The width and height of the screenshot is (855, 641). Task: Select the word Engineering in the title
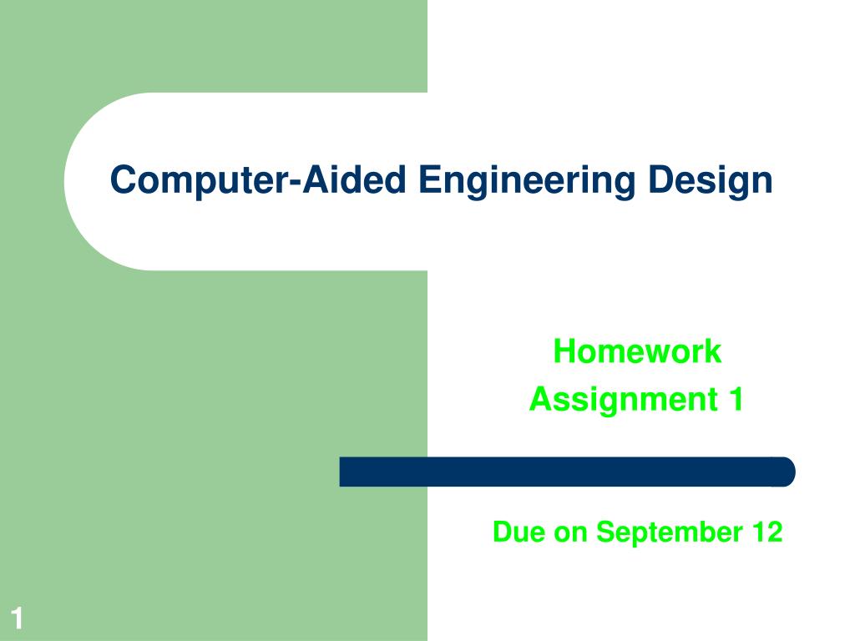pyautogui.click(x=529, y=180)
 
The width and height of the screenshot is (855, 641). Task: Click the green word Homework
pyautogui.click(x=637, y=351)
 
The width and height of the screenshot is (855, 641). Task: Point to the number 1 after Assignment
pyautogui.click(x=736, y=400)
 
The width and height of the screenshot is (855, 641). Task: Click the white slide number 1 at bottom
pyautogui.click(x=17, y=619)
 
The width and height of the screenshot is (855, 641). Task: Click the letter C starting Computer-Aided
pyautogui.click(x=123, y=180)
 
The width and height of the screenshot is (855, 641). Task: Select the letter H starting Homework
pyautogui.click(x=563, y=351)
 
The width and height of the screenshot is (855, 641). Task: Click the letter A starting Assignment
pyautogui.click(x=539, y=400)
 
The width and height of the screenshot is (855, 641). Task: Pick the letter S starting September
pyautogui.click(x=605, y=532)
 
